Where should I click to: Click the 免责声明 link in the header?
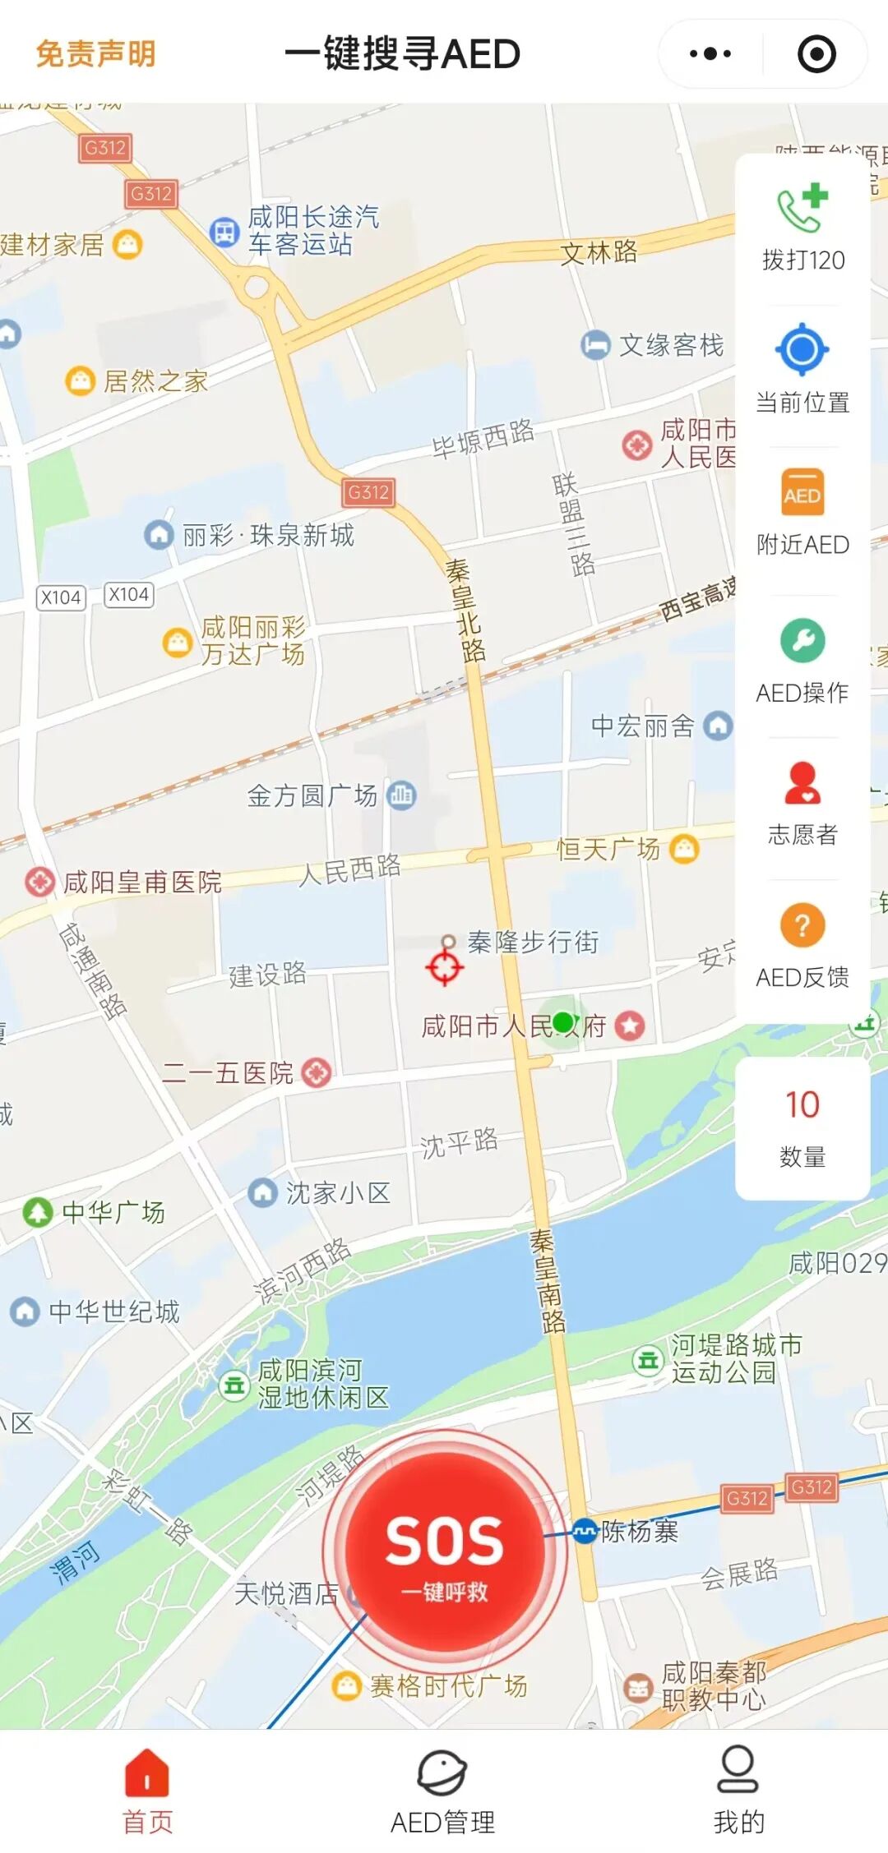coord(95,54)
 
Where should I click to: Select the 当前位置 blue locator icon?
coord(802,349)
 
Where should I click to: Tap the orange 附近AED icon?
coord(802,492)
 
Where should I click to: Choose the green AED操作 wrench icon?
coord(802,640)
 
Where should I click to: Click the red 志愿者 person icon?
coord(802,782)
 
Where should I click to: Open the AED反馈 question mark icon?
coord(802,925)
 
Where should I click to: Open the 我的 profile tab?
coord(738,1789)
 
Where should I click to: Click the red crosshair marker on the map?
coord(445,966)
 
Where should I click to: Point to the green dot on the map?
coord(562,1022)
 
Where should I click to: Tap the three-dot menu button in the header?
coord(710,54)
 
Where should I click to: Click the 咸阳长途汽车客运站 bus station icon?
coord(224,232)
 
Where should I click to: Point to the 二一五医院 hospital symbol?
coord(317,1072)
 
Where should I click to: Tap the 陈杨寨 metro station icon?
coord(584,1530)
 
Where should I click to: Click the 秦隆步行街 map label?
coord(533,942)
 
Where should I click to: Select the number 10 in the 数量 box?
coord(802,1104)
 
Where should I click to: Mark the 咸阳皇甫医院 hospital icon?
coord(39,882)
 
